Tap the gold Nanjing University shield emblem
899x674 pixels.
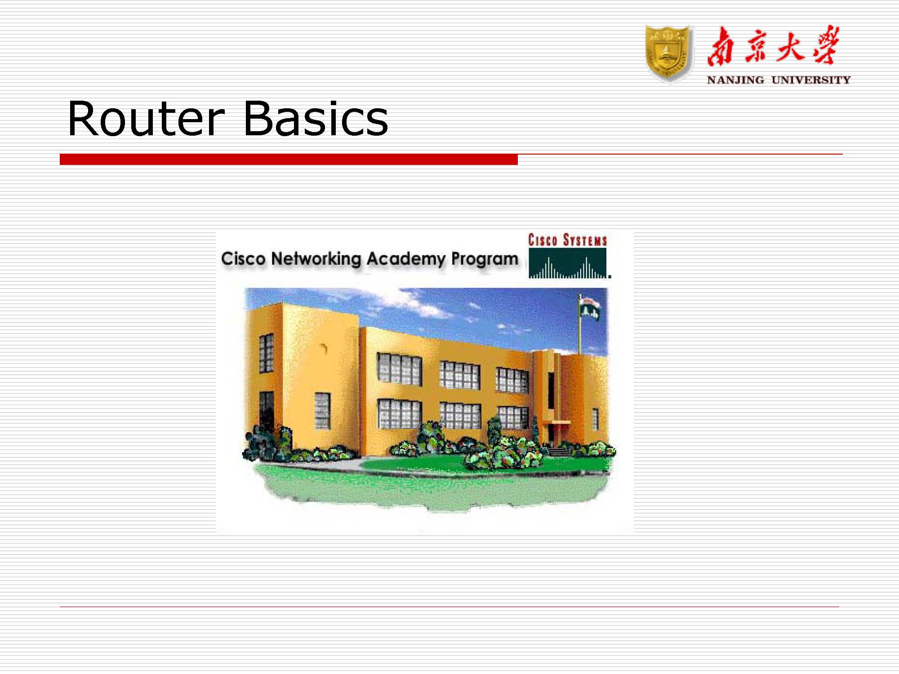tap(669, 54)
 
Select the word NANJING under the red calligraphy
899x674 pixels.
tap(735, 80)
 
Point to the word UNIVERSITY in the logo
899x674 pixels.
tap(811, 80)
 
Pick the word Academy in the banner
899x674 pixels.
tap(406, 259)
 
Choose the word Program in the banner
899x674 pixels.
tap(485, 260)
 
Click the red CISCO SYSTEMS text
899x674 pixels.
tap(567, 240)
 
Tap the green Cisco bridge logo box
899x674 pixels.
tap(567, 263)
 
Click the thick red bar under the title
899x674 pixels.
tap(289, 159)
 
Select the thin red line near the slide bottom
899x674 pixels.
tap(449, 607)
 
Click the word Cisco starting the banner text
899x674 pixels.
tap(243, 259)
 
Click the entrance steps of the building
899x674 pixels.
tap(559, 451)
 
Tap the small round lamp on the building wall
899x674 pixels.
tap(324, 348)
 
